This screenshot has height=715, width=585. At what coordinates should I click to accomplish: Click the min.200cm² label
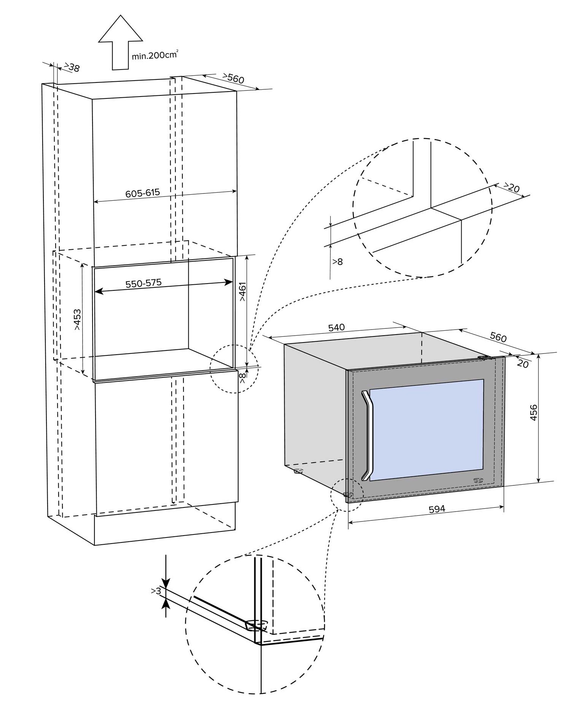click(155, 55)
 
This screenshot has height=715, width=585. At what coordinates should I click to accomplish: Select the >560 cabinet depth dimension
click(233, 78)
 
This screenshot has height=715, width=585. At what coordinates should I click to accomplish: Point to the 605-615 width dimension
click(143, 193)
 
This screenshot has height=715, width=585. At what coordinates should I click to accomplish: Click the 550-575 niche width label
click(143, 283)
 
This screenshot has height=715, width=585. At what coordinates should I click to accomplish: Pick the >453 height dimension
click(77, 319)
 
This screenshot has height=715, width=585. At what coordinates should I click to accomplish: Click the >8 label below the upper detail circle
click(338, 262)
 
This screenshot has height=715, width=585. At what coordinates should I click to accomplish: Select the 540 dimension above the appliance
click(336, 327)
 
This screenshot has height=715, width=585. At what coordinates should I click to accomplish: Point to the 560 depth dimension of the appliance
click(498, 337)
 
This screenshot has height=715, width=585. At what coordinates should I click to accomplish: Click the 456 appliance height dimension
click(534, 412)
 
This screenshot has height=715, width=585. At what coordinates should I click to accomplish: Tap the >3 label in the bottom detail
click(156, 591)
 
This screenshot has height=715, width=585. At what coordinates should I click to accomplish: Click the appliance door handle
click(368, 435)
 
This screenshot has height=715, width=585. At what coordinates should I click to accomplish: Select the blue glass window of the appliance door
click(426, 430)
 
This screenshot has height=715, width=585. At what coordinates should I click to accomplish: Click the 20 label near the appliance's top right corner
click(523, 363)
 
